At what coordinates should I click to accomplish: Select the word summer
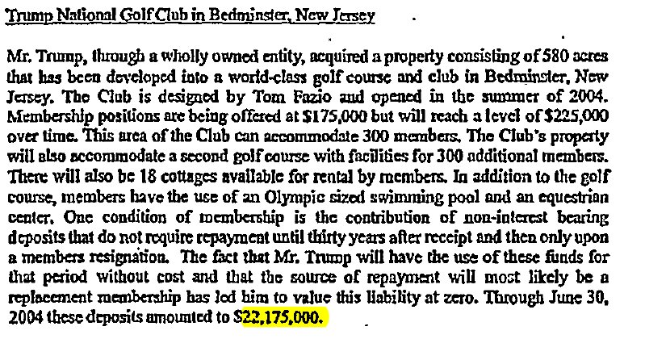pyautogui.click(x=522, y=102)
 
